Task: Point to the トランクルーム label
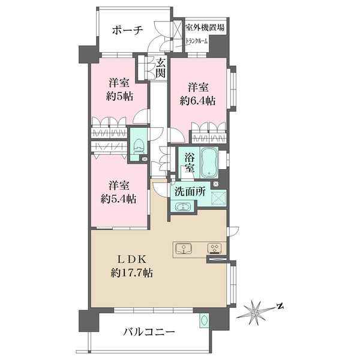197,41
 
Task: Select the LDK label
131,259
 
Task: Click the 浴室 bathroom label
190,164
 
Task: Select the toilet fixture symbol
138,146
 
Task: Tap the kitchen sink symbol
182,248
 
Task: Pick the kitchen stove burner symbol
214,248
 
